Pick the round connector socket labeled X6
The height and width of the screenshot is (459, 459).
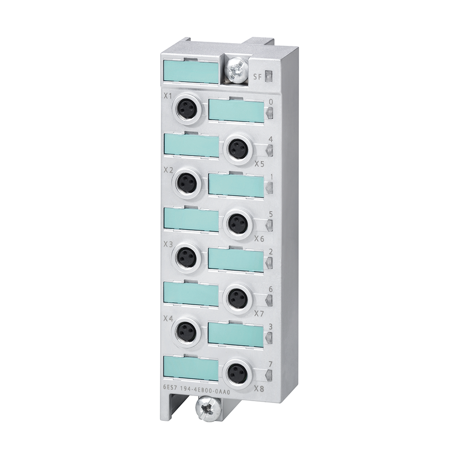click(238, 223)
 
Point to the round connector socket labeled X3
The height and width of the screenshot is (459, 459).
click(187, 257)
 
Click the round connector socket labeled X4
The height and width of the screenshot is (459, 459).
click(187, 330)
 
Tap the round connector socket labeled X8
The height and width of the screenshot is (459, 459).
click(238, 371)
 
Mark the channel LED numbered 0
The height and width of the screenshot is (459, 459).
click(269, 112)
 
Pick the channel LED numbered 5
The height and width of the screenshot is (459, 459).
click(269, 225)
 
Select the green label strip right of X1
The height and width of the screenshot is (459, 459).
click(236, 111)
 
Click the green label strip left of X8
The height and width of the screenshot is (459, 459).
click(190, 368)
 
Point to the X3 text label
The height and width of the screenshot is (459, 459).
click(168, 244)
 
